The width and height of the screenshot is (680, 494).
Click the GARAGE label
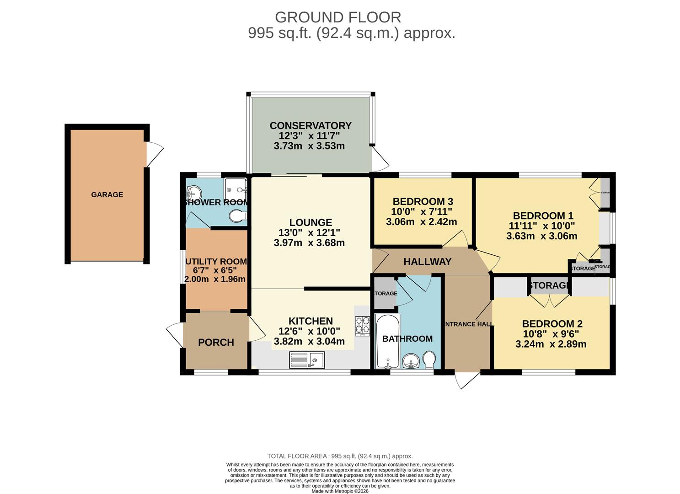pyautogui.click(x=107, y=194)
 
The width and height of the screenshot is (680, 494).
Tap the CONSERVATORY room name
pyautogui.click(x=311, y=125)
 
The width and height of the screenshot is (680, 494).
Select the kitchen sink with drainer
pyautogui.click(x=307, y=360)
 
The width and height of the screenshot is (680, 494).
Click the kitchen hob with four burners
pyautogui.click(x=362, y=326)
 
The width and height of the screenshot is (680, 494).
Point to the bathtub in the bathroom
pyautogui.click(x=387, y=341)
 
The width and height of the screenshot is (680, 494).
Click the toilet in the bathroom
pyautogui.click(x=429, y=360)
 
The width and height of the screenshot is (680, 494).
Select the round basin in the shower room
pyautogui.click(x=194, y=192)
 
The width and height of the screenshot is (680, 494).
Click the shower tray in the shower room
pyautogui.click(x=236, y=186)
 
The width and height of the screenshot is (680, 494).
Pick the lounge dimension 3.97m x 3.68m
pyautogui.click(x=309, y=243)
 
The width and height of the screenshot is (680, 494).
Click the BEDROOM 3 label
pyautogui.click(x=423, y=201)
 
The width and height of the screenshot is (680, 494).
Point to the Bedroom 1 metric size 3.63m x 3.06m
pyautogui.click(x=541, y=236)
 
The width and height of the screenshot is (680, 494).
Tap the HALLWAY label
pyautogui.click(x=427, y=262)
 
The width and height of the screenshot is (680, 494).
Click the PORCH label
pyautogui.click(x=216, y=342)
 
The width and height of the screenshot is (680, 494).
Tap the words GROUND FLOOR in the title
pyautogui.click(x=338, y=17)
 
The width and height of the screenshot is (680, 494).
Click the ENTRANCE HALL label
pyautogui.click(x=468, y=324)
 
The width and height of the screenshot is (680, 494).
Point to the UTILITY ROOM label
pyautogui.click(x=216, y=262)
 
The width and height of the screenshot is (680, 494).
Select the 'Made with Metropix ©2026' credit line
pyautogui.click(x=340, y=491)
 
